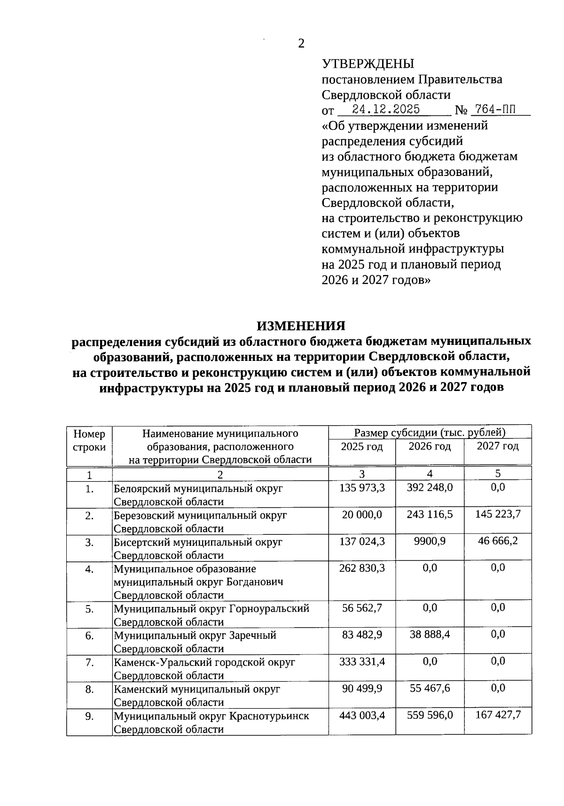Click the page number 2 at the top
pyautogui.click(x=301, y=44)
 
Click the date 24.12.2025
pyautogui.click(x=386, y=109)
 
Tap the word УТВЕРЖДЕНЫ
pyautogui.click(x=368, y=64)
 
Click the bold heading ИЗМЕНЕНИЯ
pyautogui.click(x=301, y=326)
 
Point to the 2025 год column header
pyautogui.click(x=361, y=447)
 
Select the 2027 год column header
pyautogui.click(x=497, y=446)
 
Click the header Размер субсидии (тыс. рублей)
pyautogui.click(x=430, y=432)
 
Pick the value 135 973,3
pyautogui.click(x=362, y=487)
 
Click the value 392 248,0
pyautogui.click(x=430, y=487)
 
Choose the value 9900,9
pyautogui.click(x=430, y=541)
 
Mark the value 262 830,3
pyautogui.click(x=362, y=568)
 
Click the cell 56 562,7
pyautogui.click(x=362, y=608)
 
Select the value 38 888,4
pyautogui.click(x=430, y=635)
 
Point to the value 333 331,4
pyautogui.click(x=362, y=662)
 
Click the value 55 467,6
pyautogui.click(x=430, y=688)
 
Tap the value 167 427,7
pyautogui.click(x=498, y=715)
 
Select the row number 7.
pyautogui.click(x=90, y=662)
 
